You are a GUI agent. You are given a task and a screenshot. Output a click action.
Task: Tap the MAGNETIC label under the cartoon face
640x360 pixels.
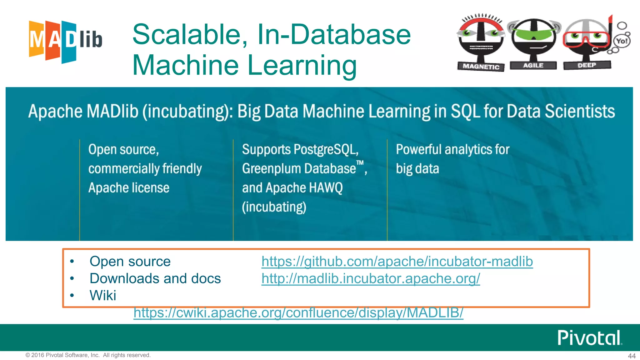tap(481, 67)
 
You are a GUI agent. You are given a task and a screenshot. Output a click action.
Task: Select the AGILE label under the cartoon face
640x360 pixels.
tap(533, 65)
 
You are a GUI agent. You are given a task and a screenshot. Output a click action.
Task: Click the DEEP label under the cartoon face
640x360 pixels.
tap(587, 65)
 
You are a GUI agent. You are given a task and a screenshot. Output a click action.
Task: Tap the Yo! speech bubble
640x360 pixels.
tap(622, 41)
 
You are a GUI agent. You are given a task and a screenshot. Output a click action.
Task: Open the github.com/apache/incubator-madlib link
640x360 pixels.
tap(397, 262)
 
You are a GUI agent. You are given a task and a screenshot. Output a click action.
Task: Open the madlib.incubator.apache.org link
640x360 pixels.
tap(371, 278)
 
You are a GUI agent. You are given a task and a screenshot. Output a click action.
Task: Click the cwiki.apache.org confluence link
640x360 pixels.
tap(298, 312)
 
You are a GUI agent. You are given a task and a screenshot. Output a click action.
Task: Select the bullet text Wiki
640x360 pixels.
tap(103, 295)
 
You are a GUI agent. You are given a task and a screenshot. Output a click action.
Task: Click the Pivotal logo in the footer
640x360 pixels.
tap(589, 338)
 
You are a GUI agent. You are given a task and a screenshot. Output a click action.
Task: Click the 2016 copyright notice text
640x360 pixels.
tap(88, 355)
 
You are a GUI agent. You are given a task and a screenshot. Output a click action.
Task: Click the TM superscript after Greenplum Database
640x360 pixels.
tap(360, 163)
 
